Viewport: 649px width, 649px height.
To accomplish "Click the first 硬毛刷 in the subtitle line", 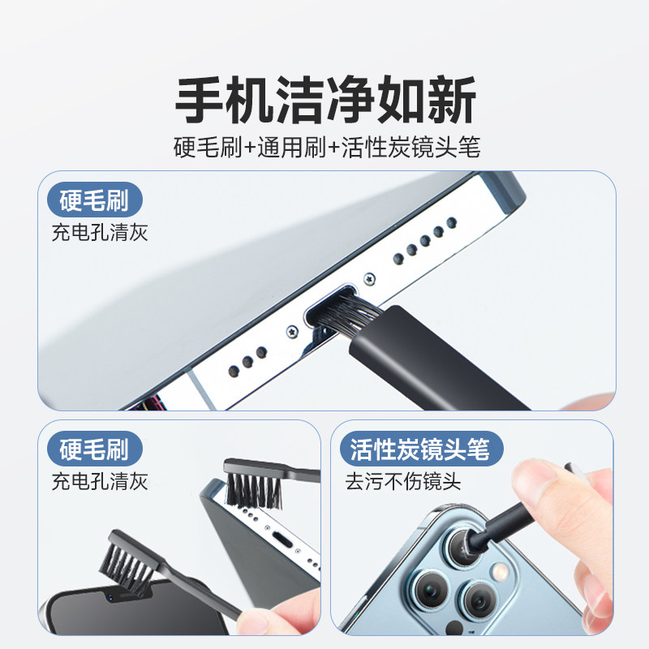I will (208, 148).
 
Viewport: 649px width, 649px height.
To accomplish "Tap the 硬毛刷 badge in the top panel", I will (95, 200).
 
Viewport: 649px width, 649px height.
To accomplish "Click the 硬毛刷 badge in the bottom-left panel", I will (95, 449).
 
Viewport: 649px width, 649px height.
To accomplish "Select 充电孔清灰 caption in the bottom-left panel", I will (99, 482).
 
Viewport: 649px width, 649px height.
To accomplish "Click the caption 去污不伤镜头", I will (403, 482).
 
